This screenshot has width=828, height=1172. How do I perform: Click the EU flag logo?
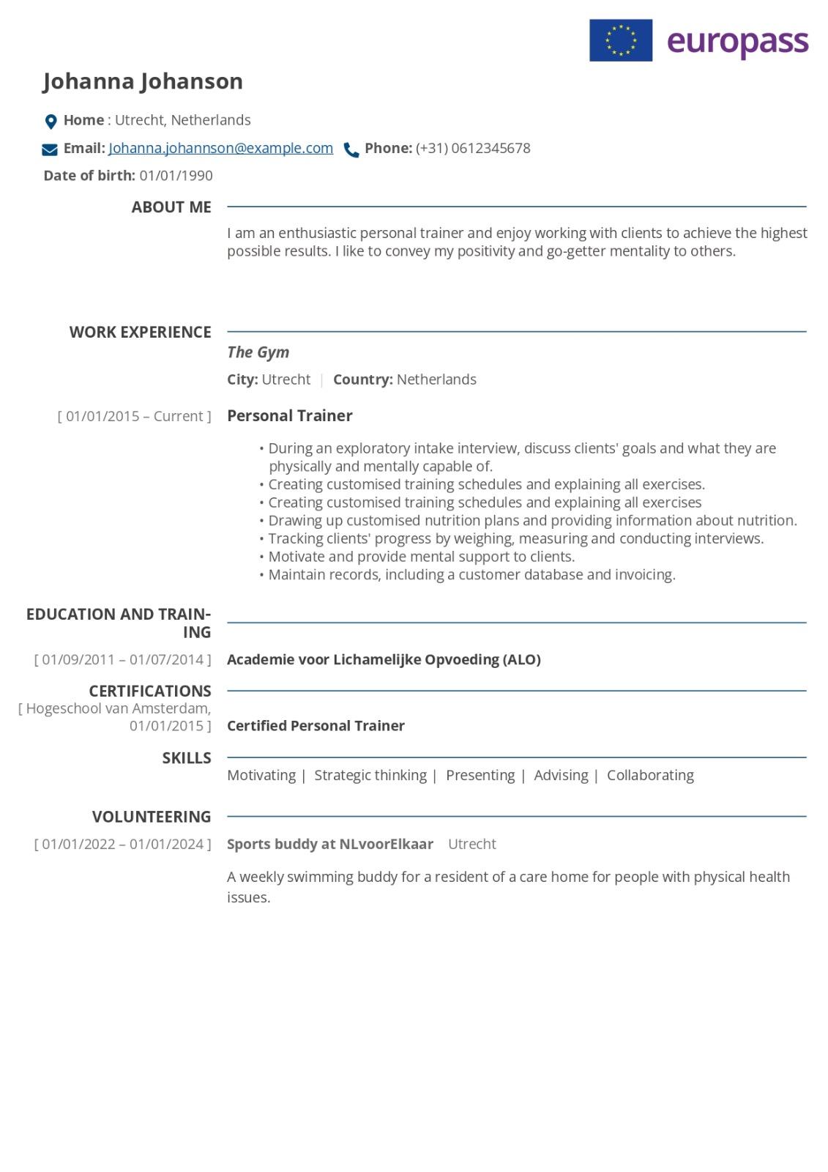(620, 40)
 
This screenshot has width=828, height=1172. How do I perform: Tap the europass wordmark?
(737, 42)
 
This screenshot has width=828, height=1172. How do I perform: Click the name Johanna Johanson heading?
(143, 81)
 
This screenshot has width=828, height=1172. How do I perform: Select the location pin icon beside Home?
(51, 122)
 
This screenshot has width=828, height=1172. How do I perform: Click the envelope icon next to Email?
(50, 149)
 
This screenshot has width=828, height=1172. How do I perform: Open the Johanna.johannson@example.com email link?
(220, 149)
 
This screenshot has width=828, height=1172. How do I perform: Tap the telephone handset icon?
(351, 150)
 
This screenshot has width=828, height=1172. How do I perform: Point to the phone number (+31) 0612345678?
(473, 149)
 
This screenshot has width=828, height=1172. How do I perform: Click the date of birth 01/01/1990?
(176, 176)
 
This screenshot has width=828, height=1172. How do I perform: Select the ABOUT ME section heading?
(171, 207)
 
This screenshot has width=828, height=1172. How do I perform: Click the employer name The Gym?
(258, 352)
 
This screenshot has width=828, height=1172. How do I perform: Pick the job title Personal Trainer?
(289, 416)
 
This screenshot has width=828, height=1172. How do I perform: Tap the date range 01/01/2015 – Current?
(134, 417)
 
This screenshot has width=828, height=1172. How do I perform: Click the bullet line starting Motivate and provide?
(421, 557)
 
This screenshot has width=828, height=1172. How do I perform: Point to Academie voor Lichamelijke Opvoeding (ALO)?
(384, 660)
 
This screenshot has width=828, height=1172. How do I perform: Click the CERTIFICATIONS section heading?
(150, 691)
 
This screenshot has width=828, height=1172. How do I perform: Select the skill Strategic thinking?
(370, 776)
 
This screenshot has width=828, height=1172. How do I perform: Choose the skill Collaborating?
(650, 776)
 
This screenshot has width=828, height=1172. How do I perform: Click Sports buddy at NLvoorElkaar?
(329, 845)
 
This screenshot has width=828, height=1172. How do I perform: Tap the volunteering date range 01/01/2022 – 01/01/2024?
(122, 845)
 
